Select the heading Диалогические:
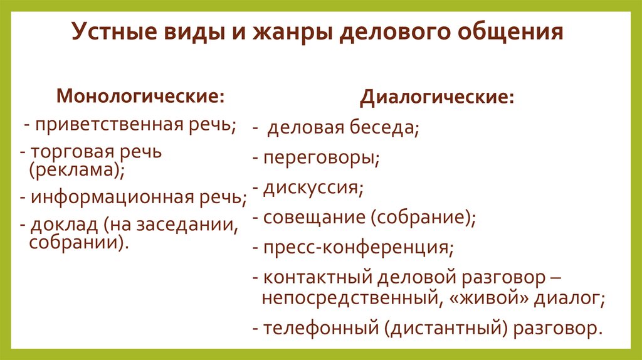point(438,98)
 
